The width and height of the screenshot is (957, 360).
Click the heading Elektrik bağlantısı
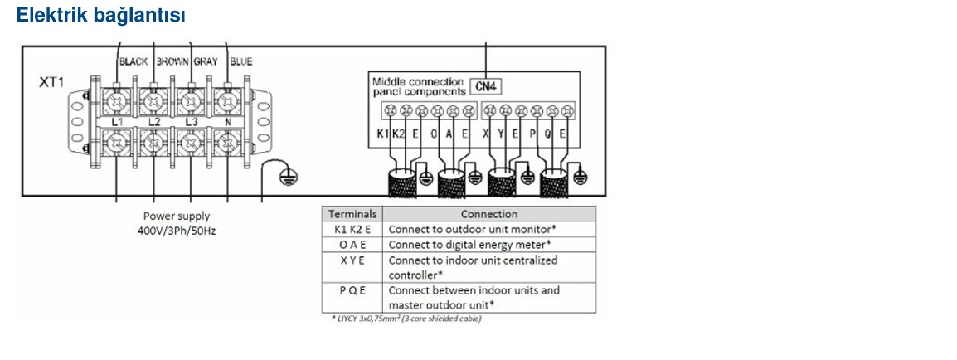pos(100,15)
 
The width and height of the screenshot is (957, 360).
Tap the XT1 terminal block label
pos(51,82)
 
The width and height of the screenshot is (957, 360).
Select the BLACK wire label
pos(133,61)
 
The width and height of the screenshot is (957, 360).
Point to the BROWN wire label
pos(172,61)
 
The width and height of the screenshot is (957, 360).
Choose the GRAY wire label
pos(206,61)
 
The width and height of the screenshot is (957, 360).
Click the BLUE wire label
pos(241,61)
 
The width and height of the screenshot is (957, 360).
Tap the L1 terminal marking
pos(117,123)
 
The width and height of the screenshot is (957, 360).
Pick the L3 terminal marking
pos(191,123)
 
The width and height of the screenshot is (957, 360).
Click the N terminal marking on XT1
pos(228,123)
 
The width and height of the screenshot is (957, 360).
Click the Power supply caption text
pos(177,216)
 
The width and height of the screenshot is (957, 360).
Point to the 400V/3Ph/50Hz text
pos(177,231)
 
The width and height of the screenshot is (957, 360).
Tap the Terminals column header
pos(352,214)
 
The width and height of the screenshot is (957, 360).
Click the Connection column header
pos(489,214)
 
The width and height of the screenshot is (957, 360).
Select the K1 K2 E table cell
pos(352,230)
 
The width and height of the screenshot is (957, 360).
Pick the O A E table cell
pos(352,245)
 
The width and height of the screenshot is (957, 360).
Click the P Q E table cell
pos(352,290)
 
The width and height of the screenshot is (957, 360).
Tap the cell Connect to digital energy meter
pos(470,245)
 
